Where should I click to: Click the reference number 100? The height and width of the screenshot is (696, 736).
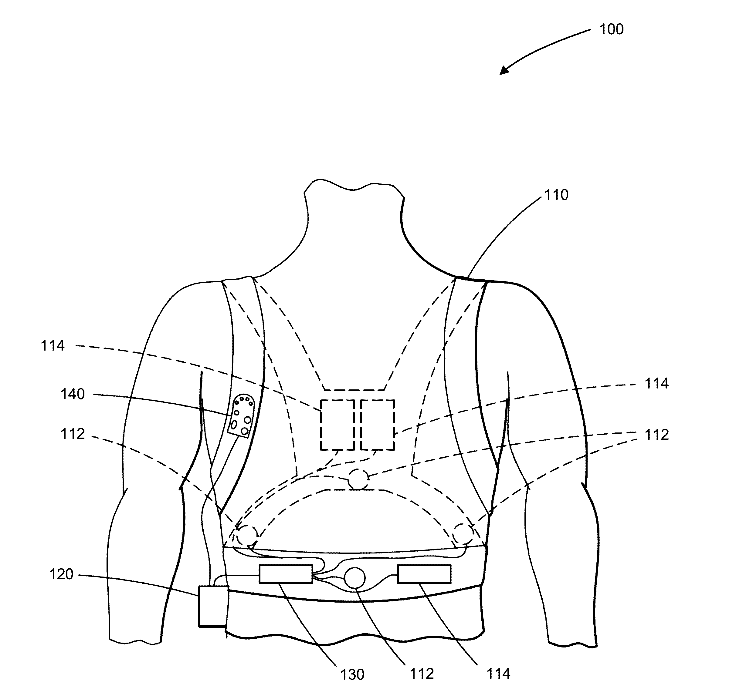pyautogui.click(x=611, y=29)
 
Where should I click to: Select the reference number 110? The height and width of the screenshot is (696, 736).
pyautogui.click(x=556, y=195)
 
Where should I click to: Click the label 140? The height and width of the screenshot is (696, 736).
pyautogui.click(x=73, y=394)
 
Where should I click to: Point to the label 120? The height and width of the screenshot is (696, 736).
pyautogui.click(x=61, y=574)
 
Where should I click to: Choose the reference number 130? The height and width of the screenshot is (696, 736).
pyautogui.click(x=352, y=674)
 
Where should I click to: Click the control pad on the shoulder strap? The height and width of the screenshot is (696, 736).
pyautogui.click(x=241, y=415)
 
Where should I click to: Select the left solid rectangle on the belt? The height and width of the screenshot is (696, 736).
pyautogui.click(x=286, y=574)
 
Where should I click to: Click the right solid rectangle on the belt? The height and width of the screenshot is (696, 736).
pyautogui.click(x=424, y=574)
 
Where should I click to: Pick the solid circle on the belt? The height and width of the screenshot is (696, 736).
pyautogui.click(x=354, y=578)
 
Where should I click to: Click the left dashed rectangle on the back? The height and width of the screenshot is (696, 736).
pyautogui.click(x=337, y=425)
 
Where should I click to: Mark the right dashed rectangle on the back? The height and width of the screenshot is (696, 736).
pyautogui.click(x=377, y=425)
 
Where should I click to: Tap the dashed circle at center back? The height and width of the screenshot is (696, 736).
pyautogui.click(x=358, y=479)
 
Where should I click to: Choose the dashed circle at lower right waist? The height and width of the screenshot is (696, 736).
pyautogui.click(x=463, y=533)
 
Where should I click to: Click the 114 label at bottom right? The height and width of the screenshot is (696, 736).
pyautogui.click(x=498, y=674)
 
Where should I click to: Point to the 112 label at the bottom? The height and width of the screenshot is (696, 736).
pyautogui.click(x=422, y=674)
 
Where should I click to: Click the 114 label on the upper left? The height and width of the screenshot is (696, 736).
pyautogui.click(x=53, y=346)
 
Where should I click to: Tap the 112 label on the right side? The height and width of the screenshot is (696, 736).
pyautogui.click(x=656, y=435)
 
